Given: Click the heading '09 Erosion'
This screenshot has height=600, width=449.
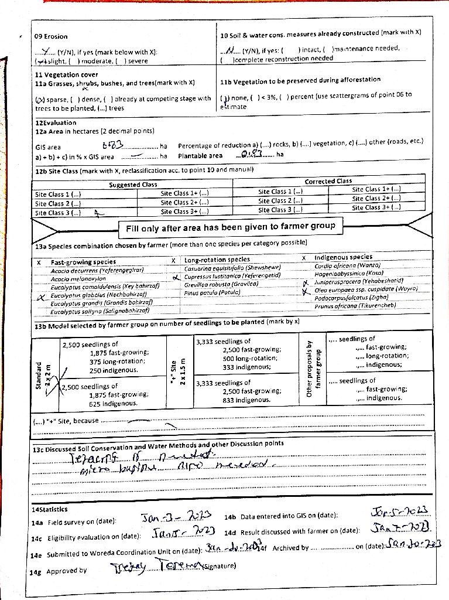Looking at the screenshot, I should click(52, 36).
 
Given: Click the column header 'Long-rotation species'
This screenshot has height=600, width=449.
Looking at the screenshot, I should click(217, 259).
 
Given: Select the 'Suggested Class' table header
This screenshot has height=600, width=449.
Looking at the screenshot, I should click(133, 185).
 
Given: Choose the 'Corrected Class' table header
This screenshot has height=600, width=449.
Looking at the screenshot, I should click(328, 182).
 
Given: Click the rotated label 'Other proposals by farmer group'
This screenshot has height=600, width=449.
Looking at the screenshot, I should click(315, 369).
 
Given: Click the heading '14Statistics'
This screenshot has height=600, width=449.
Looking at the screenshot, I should click(50, 510).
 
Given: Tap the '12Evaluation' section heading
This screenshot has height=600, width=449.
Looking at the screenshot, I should click(56, 122).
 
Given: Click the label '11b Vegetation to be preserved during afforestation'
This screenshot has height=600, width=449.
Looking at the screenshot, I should click(300, 80).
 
